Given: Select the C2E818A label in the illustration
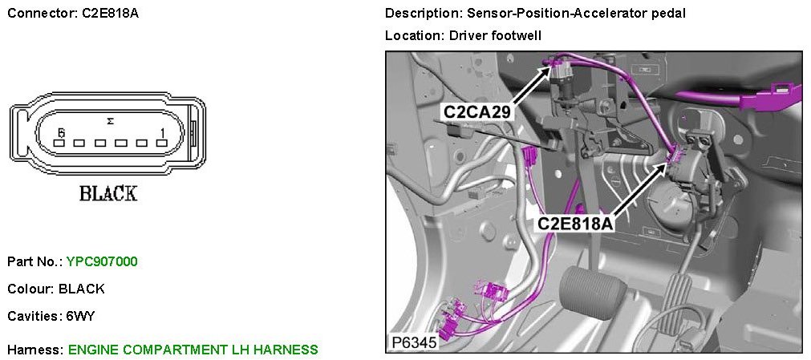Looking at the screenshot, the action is pos(575,223).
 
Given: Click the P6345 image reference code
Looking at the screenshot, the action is pos(413,342).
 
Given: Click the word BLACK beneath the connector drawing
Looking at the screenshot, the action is pos(107,193).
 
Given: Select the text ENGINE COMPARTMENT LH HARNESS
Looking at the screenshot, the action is pos(193,350).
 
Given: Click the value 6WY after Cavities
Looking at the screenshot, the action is pos(80,316).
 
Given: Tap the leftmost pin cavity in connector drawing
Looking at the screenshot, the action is pos(59,144).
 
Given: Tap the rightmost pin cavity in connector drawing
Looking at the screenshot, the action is pos(163,144).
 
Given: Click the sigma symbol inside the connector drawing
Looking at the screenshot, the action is pos(110,120).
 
